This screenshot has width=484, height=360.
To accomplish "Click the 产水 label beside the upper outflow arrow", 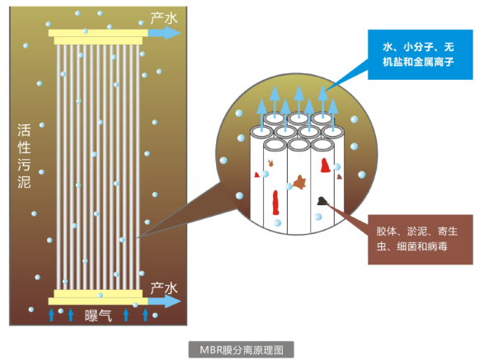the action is click(164, 18).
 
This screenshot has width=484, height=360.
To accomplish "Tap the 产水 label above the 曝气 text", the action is click(164, 288).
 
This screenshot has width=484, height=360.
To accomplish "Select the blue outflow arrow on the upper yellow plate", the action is click(165, 33).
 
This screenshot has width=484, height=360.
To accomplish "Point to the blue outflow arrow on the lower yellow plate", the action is click(165, 301).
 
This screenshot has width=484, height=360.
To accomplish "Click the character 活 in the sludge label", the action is click(24, 130).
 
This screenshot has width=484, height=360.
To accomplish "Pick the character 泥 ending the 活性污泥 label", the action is click(24, 181).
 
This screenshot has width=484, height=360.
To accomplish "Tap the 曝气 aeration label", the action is click(98, 316).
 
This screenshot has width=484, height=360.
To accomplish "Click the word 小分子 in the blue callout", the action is click(418, 47).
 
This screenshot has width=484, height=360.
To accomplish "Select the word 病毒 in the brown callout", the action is click(437, 246).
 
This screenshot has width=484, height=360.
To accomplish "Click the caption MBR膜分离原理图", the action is click(241, 350).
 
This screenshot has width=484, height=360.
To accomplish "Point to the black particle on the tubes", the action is click(322, 201).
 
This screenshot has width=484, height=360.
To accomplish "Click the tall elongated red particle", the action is click(275, 203).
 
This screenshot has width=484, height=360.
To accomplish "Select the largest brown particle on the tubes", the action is click(299, 182).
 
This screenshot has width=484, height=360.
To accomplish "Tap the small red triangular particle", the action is click(256, 175).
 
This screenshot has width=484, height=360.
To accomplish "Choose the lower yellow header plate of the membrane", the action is click(98, 297).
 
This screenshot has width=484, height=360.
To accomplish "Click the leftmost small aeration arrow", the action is click(52, 315).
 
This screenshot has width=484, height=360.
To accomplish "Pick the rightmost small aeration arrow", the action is click(145, 315).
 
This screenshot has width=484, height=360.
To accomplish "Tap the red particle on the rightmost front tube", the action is click(325, 166).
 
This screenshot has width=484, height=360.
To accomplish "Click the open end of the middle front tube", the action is click(298, 145).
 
